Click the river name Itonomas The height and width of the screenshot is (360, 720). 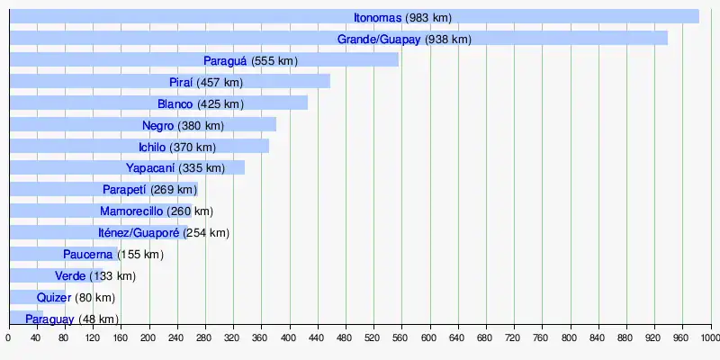click(377, 17)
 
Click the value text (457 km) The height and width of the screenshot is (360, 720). click(220, 82)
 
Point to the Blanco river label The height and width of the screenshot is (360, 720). click(175, 103)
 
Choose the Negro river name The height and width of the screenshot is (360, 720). click(157, 125)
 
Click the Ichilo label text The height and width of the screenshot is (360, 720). click(151, 147)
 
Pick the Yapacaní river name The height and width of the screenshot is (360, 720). click(149, 168)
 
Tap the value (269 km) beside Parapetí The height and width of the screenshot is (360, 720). click(175, 190)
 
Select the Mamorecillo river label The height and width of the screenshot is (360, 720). click(131, 211)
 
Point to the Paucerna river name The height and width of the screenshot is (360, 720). click(88, 255)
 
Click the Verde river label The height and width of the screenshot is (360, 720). click(70, 276)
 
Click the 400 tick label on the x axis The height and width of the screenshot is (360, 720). click(289, 338)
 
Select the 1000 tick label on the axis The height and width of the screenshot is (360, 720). click(709, 338)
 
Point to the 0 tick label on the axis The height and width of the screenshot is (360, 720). click(9, 338)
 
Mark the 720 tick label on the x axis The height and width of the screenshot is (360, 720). click(514, 338)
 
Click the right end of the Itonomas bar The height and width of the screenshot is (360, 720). click(697, 16)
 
